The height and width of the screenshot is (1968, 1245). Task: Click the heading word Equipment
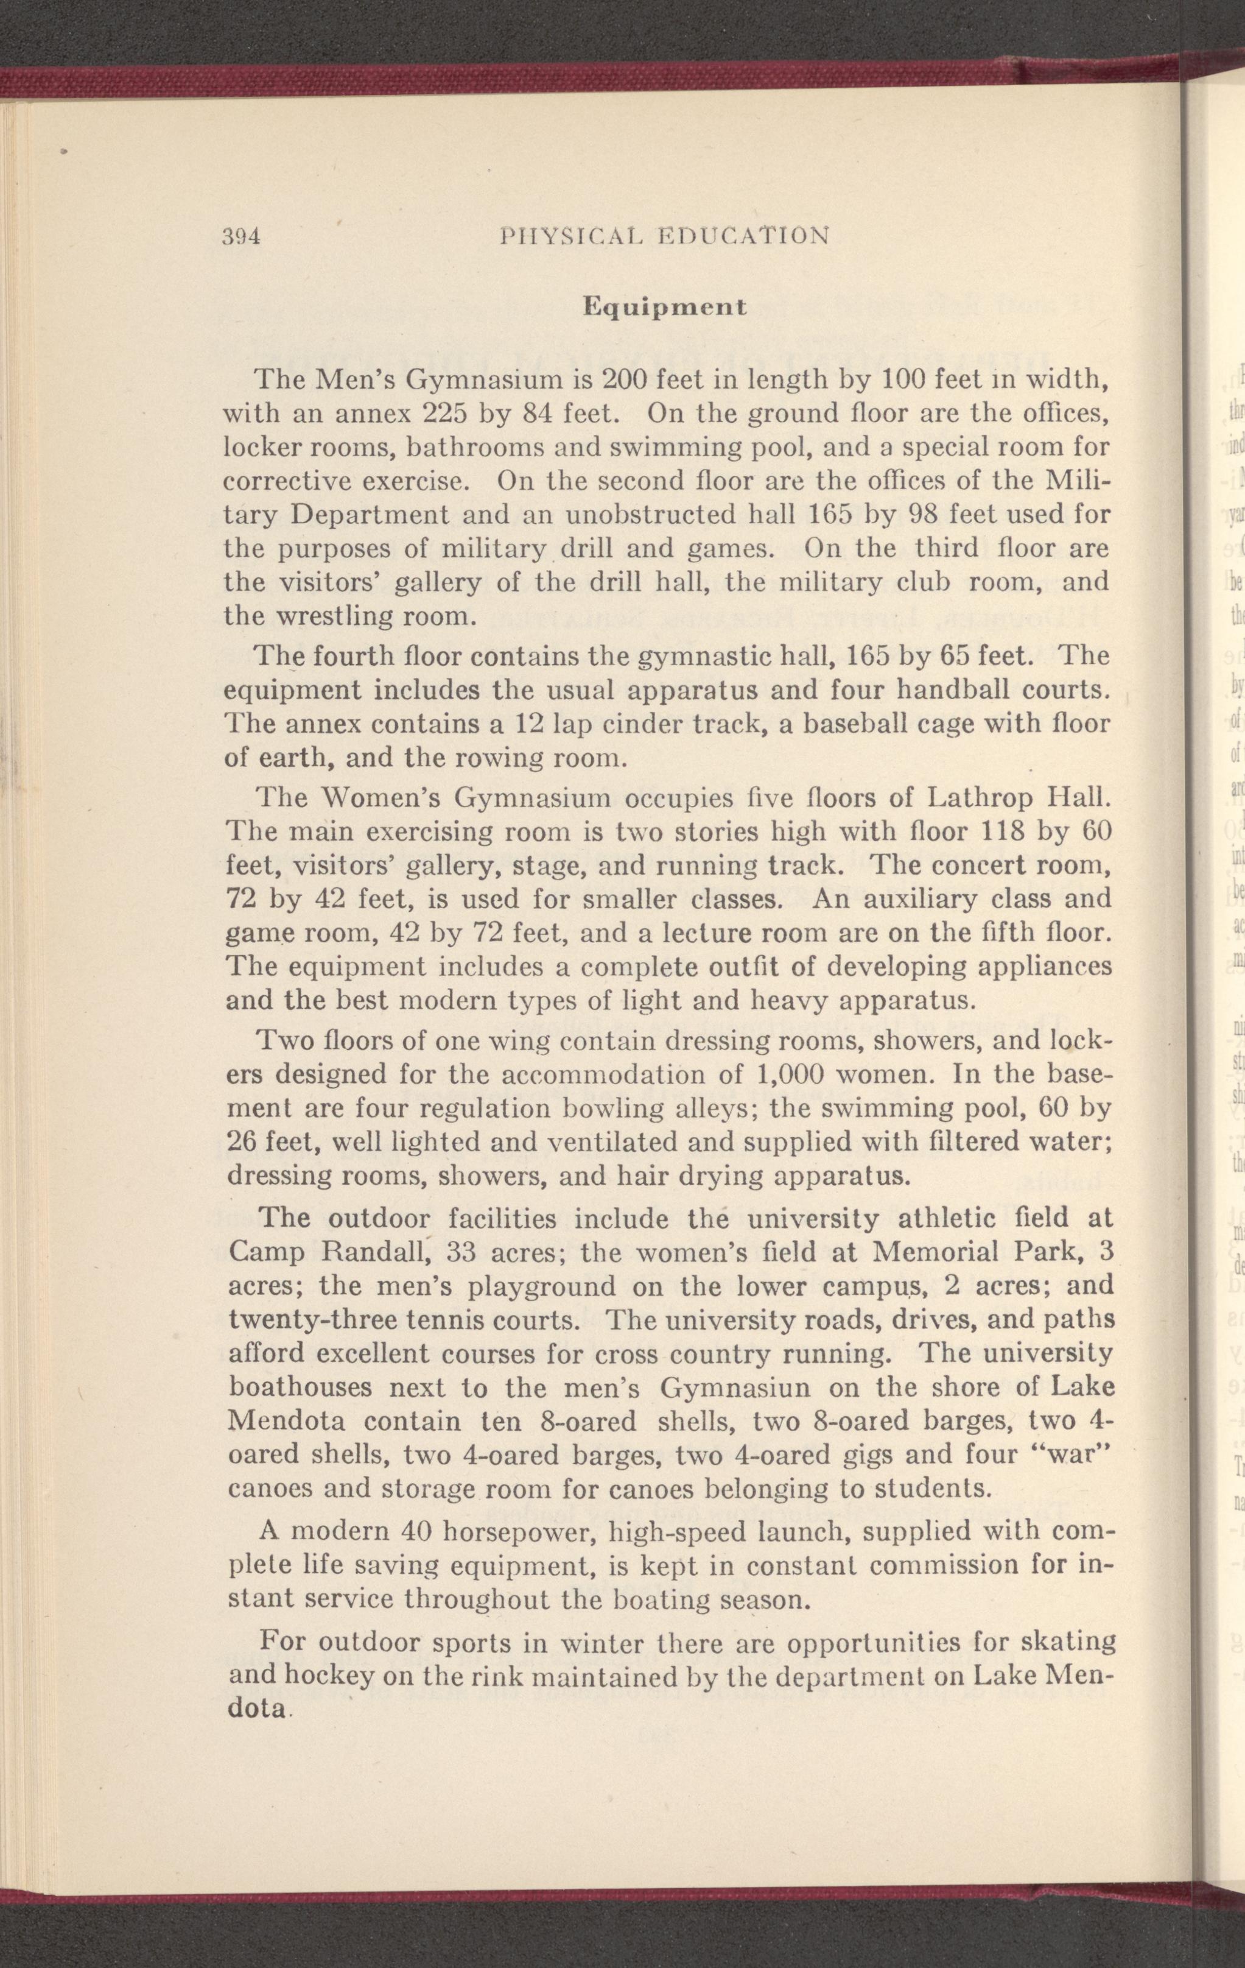point(664,308)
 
